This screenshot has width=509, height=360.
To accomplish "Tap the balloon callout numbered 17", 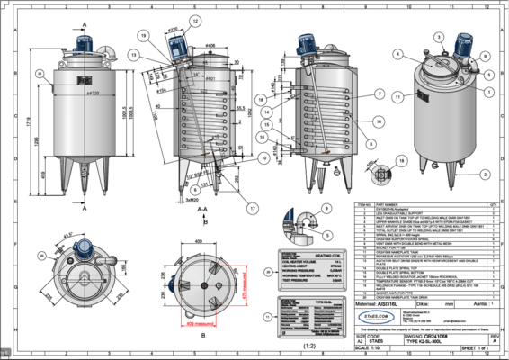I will coord(254,208).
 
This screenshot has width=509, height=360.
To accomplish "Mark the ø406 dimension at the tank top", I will coord(210,45).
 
